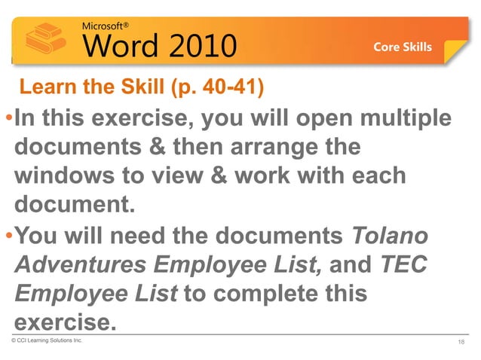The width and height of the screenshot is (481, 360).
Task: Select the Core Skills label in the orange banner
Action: point(403,47)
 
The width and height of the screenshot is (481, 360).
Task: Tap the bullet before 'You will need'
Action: point(8,236)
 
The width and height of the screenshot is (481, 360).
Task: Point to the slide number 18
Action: point(461,343)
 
